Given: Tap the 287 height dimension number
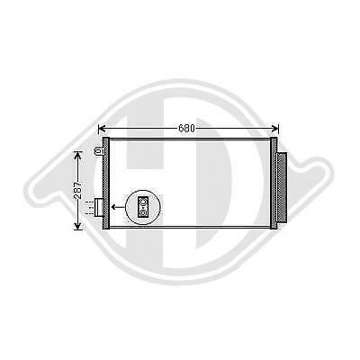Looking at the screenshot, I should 77,191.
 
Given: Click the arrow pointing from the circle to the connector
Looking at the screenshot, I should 117,208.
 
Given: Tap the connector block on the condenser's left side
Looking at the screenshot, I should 100,208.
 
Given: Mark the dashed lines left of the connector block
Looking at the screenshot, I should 90,208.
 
